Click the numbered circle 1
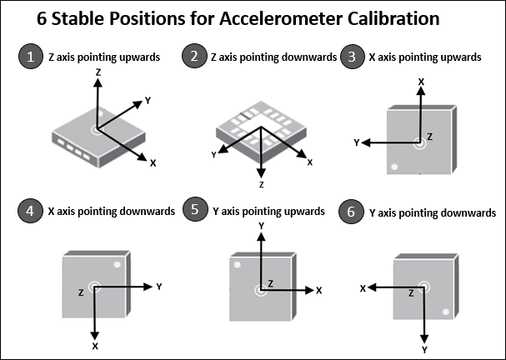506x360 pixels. click(31, 57)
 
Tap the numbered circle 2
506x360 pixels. click(193, 57)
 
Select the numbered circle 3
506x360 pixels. click(355, 57)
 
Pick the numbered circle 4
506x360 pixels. click(31, 212)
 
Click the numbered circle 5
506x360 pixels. click(193, 212)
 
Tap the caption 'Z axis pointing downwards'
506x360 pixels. click(273, 57)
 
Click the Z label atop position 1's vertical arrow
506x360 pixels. click(99, 73)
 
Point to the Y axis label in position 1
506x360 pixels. click(148, 100)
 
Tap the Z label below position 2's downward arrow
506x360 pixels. click(261, 183)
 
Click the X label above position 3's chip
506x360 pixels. click(421, 81)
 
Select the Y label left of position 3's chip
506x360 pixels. click(357, 143)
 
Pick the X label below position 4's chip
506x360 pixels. click(95, 345)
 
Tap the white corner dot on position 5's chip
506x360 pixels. click(237, 266)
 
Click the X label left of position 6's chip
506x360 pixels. click(363, 287)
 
